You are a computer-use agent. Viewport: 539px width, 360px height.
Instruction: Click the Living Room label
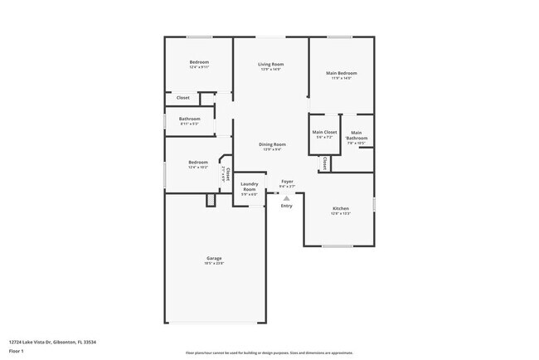270,64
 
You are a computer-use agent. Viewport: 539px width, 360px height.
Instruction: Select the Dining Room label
272,144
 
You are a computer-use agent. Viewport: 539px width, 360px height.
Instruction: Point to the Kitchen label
342,208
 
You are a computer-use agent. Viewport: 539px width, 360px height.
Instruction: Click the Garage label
214,258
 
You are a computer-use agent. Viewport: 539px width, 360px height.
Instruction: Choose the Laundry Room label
249,187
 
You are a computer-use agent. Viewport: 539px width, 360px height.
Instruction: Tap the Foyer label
287,181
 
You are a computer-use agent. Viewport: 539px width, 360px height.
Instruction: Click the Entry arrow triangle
286,198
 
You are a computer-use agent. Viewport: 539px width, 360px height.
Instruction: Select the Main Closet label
324,132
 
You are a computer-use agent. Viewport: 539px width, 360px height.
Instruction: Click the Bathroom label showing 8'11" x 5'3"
189,119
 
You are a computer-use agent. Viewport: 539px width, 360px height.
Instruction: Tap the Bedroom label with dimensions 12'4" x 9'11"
199,63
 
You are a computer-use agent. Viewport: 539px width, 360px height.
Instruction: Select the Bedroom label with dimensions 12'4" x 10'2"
197,162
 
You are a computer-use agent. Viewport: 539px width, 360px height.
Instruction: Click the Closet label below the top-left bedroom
182,98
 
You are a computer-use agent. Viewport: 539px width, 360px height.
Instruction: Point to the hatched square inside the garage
210,200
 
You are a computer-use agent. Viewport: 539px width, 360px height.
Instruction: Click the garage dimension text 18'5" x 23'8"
214,263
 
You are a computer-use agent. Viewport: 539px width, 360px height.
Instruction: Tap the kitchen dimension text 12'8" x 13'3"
342,213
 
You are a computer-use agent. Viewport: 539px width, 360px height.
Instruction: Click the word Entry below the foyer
286,206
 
